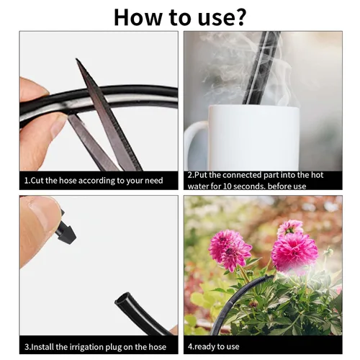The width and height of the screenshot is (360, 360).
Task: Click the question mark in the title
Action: point(238,17)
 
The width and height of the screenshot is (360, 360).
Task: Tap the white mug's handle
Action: point(195,145)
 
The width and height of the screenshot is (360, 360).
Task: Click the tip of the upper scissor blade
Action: point(77,59)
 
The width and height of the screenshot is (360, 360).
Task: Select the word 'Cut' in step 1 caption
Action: point(37,180)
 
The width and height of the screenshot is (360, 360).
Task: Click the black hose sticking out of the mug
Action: point(261,68)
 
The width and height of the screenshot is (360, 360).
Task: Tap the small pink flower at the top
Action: point(289,228)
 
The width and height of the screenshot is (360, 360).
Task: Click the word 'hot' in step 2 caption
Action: point(318,175)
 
